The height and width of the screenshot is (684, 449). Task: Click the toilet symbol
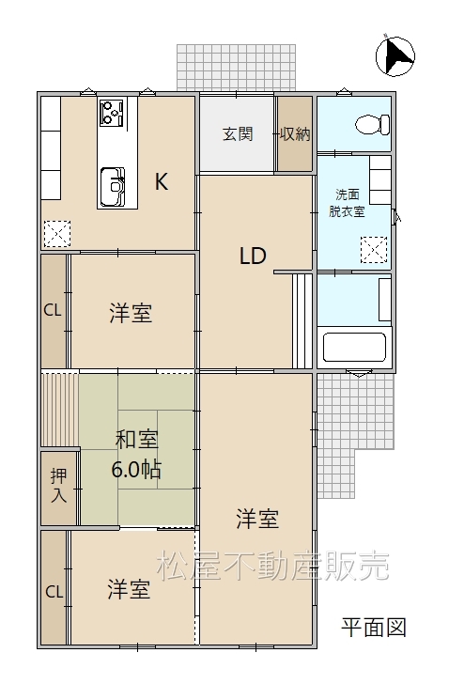[373, 125]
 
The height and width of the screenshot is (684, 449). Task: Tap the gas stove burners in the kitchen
[112, 113]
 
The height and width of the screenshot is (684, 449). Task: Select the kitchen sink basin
[113, 187]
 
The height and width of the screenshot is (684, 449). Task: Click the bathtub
[354, 348]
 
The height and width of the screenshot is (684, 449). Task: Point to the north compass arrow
[395, 56]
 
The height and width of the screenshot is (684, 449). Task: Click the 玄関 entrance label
[238, 134]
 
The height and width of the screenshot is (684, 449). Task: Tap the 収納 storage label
[295, 134]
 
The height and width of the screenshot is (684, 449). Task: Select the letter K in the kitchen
[162, 181]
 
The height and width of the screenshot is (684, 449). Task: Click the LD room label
[253, 256]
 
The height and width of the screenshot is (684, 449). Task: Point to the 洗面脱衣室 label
[347, 203]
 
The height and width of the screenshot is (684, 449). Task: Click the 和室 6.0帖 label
[136, 454]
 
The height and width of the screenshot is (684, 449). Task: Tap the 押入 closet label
[59, 485]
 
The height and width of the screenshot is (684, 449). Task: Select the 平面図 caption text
[374, 628]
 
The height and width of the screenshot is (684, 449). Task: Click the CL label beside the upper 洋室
[53, 310]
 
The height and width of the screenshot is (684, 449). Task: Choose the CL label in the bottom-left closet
[54, 592]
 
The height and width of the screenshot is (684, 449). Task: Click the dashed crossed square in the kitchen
[57, 234]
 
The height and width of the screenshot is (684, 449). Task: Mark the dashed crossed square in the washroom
[374, 250]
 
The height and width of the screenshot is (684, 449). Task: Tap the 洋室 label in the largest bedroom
[257, 519]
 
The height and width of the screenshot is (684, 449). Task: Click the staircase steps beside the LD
[302, 321]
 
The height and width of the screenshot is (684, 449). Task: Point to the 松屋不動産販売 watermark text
[273, 567]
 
